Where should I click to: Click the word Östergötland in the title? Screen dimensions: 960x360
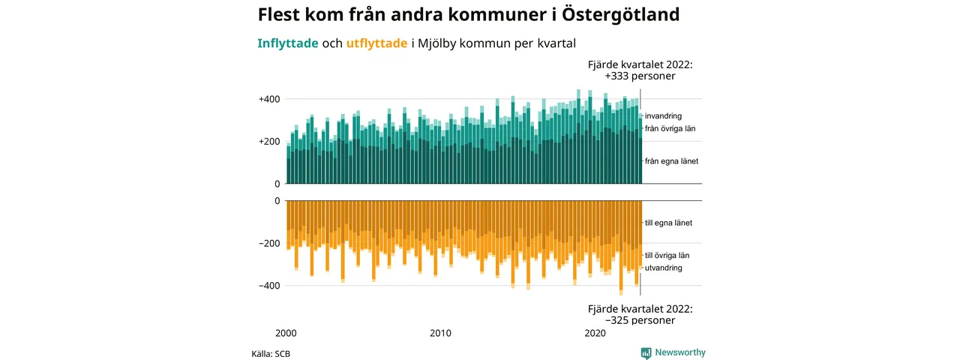620,14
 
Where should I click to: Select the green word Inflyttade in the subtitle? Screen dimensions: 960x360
287,43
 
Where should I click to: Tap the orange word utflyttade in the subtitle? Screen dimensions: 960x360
376,43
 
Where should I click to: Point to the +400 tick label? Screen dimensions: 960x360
269,100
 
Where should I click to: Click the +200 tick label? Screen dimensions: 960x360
269,142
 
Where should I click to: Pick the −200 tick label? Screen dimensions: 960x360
269,244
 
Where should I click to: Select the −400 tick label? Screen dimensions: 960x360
269,286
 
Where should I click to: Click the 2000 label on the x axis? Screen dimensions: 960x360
286,333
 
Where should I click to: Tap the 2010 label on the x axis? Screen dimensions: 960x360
440,333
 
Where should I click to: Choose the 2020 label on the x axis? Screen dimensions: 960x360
595,333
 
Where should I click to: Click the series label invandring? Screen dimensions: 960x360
663,116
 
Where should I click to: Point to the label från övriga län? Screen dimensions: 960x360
670,128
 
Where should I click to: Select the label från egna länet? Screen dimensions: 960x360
671,161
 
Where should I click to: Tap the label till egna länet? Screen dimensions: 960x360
668,223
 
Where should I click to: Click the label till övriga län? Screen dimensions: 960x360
667,256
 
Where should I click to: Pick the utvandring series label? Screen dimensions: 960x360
664,268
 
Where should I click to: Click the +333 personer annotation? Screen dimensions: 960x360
640,76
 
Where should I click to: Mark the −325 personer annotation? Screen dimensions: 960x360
640,320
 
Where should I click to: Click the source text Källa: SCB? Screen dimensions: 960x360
271,354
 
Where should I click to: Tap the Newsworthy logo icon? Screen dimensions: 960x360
646,352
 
